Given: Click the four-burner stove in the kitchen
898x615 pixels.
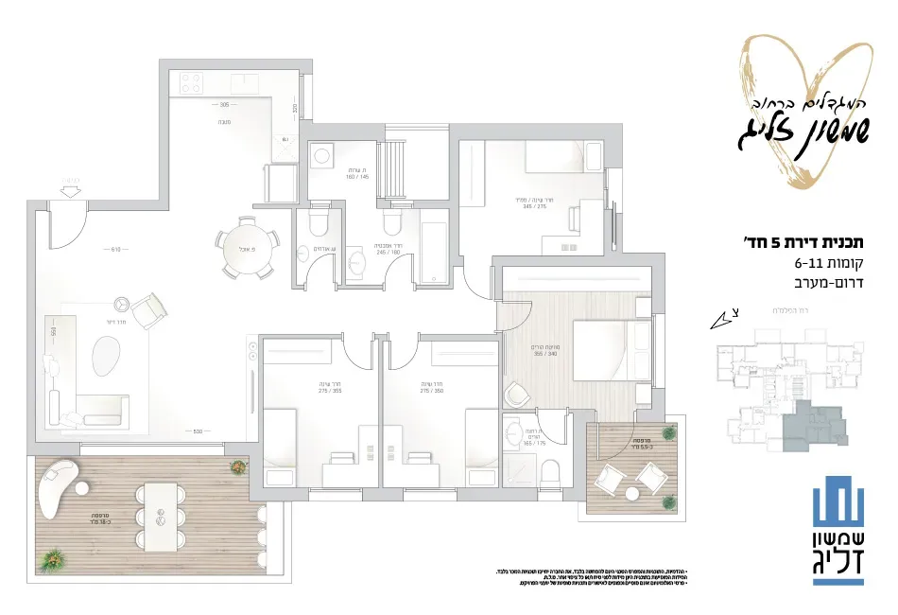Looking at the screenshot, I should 187,83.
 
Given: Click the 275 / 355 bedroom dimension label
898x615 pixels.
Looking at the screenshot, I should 329,389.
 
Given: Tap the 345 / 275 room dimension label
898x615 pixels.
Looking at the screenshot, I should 534,204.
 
